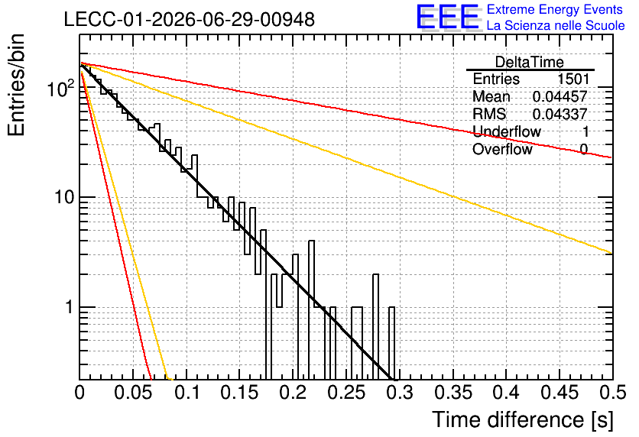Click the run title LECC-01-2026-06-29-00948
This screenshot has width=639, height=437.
190,19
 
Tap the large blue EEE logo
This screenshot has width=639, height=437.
447,17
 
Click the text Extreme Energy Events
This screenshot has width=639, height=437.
555,9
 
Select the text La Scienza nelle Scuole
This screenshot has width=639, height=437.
556,25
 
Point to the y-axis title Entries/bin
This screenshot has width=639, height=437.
16,85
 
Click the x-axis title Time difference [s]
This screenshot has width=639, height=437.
523,419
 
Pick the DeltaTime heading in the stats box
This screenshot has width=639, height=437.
530,62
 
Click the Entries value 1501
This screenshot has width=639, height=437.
573,79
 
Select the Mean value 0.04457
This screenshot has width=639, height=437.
560,96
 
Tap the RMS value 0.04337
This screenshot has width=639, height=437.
560,114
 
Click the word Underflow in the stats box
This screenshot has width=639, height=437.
507,131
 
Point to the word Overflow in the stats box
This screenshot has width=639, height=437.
502,149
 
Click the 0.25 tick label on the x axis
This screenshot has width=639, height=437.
347,393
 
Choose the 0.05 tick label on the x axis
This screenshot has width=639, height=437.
133,393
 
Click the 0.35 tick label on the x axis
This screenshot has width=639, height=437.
453,393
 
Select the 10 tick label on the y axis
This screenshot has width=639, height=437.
64,197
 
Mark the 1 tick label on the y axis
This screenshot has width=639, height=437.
70,307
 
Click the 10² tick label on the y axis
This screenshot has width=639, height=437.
60,88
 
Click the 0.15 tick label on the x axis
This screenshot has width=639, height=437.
240,393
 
